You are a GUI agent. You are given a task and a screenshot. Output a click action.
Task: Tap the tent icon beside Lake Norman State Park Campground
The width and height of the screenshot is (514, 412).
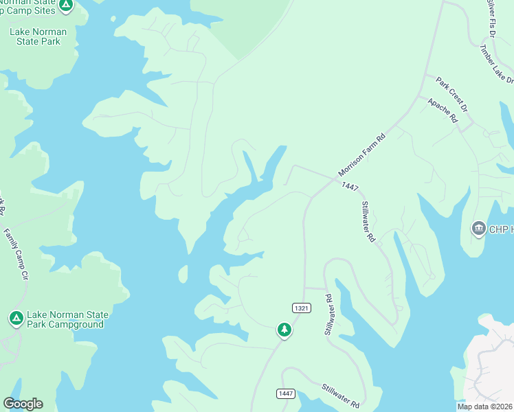pos(16,319)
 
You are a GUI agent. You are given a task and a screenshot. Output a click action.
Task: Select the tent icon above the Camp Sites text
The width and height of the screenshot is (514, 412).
pos(65,5)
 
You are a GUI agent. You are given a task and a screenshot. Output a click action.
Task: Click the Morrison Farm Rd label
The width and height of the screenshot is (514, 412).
pos(362,154)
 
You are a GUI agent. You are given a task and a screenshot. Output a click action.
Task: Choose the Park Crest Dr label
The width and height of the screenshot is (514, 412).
pos(451,95)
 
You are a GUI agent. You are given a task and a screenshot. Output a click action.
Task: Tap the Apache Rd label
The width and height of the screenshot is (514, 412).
pos(443,109)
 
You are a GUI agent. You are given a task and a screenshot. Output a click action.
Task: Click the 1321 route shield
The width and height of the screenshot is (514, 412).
pos(301,308)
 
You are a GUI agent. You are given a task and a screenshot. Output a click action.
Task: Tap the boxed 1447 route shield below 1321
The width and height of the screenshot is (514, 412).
pos(287,393)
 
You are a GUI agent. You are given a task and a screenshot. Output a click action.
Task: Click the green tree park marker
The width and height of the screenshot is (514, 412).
pos(284,330)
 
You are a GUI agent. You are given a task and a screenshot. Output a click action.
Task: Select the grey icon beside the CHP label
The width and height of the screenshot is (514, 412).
pos(478,228)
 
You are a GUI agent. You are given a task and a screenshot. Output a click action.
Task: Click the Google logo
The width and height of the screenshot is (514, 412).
pos(23,404)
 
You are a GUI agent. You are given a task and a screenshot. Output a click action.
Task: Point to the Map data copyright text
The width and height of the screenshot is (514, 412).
pos(485,407)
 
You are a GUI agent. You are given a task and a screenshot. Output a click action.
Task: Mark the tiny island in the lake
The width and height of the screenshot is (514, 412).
pos(183,274)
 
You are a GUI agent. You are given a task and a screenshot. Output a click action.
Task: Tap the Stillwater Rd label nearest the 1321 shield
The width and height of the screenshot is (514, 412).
pos(328,315)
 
